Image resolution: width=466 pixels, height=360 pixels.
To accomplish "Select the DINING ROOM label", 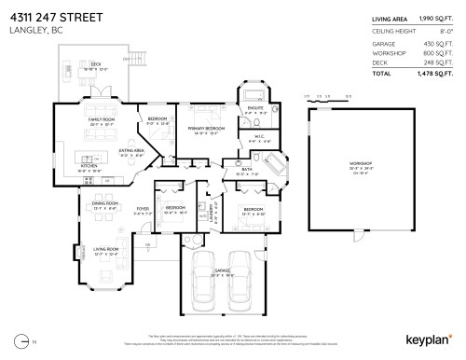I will pyautogui.click(x=105, y=203).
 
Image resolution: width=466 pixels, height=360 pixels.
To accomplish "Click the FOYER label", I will pyautogui.click(x=143, y=209).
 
